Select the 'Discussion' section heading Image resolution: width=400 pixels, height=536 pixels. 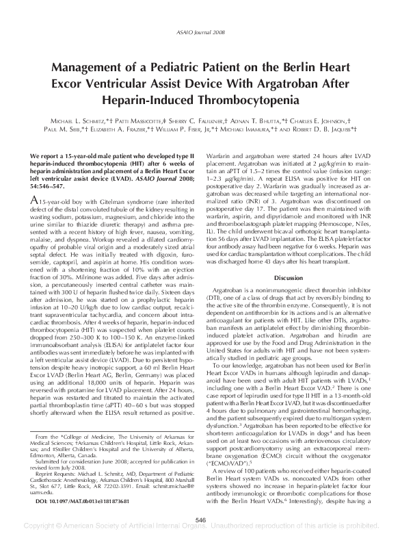point(288,277)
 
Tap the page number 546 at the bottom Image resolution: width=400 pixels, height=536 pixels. point(200,520)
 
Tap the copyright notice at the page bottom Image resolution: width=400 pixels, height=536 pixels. point(200,530)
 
